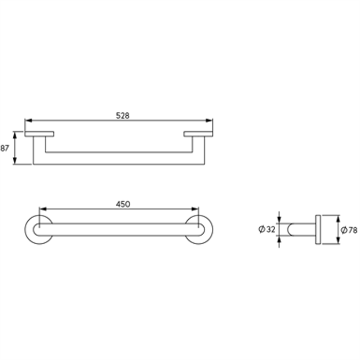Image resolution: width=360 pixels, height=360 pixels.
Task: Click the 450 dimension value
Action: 123,203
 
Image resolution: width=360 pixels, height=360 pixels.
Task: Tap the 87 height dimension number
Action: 5,148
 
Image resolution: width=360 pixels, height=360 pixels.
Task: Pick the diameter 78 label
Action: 349,230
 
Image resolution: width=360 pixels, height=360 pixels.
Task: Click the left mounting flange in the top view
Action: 39,133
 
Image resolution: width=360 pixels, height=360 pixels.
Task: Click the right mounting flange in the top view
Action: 198,133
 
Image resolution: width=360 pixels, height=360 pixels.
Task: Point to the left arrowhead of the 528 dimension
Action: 28,121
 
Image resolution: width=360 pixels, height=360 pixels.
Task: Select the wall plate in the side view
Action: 318,230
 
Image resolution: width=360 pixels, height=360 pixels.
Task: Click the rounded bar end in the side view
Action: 291,230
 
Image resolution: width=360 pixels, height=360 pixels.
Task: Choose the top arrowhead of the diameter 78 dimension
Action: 338,218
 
